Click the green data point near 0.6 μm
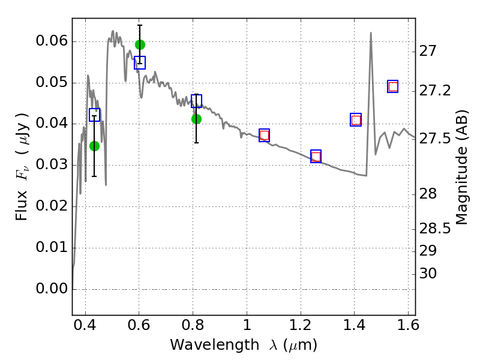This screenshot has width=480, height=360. [x=140, y=44]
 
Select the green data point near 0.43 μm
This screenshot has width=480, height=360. [x=94, y=146]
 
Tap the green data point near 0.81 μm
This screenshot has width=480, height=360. [x=196, y=119]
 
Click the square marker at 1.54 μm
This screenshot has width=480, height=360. [x=393, y=86]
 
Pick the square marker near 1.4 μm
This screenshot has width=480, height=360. [x=356, y=120]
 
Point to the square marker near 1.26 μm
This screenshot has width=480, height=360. [x=316, y=157]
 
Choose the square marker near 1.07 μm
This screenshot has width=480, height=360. [x=264, y=135]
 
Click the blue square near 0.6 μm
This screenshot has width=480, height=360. [x=140, y=63]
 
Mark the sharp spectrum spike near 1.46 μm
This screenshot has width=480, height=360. [x=371, y=33]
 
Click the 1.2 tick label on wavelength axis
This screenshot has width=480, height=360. [x=300, y=327]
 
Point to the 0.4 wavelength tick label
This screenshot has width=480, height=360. [x=85, y=327]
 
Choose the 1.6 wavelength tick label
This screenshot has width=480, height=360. [x=407, y=327]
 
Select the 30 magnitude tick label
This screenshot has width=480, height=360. [x=428, y=274]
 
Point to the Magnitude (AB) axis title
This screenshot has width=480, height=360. [x=461, y=167]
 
